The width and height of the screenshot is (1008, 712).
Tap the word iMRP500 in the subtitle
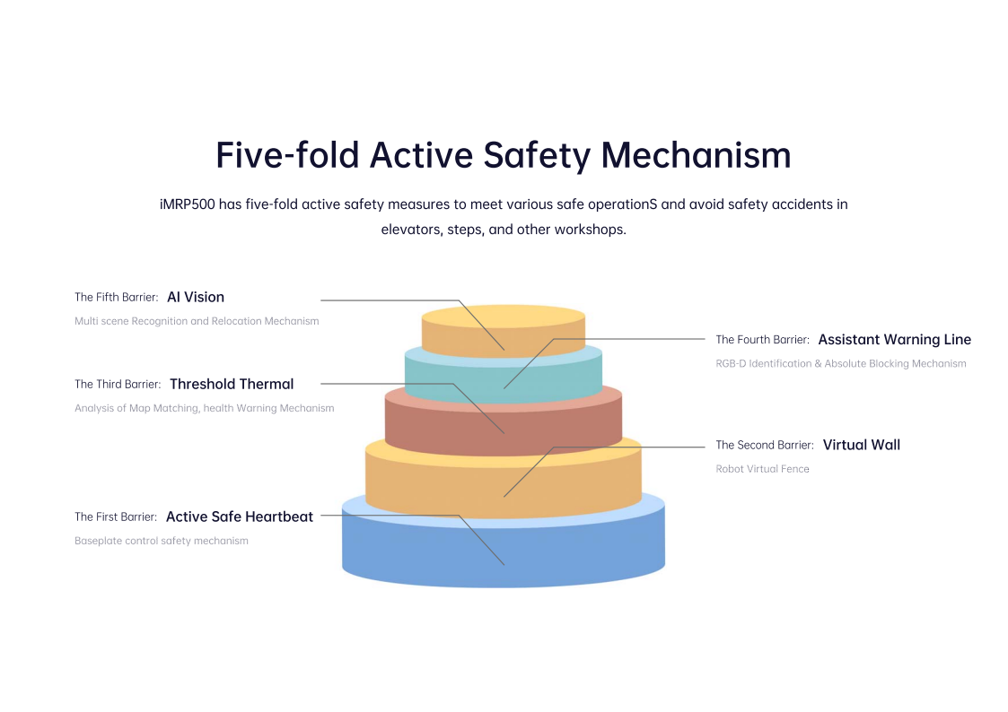pyautogui.click(x=188, y=204)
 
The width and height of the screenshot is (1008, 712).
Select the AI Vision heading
pyautogui.click(x=196, y=297)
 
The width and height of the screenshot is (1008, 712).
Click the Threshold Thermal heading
pyautogui.click(x=232, y=384)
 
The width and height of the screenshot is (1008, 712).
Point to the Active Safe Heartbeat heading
pyautogui.click(x=240, y=517)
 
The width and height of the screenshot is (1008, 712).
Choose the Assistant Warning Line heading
pyautogui.click(x=894, y=340)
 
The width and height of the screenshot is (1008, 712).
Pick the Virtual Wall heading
pyautogui.click(x=861, y=445)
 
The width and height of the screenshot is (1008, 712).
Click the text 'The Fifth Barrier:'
pyautogui.click(x=117, y=297)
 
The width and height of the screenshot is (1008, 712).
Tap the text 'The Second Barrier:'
pyautogui.click(x=765, y=445)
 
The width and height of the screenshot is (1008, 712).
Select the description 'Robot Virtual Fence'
pyautogui.click(x=762, y=469)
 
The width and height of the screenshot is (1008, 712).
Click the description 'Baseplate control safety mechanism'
pyautogui.click(x=162, y=541)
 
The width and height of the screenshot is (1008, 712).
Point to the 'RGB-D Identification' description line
pyautogui.click(x=841, y=364)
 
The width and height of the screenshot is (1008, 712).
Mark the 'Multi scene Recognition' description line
pyautogui.click(x=197, y=321)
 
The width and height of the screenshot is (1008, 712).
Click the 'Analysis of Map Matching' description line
pyautogui.click(x=204, y=408)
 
